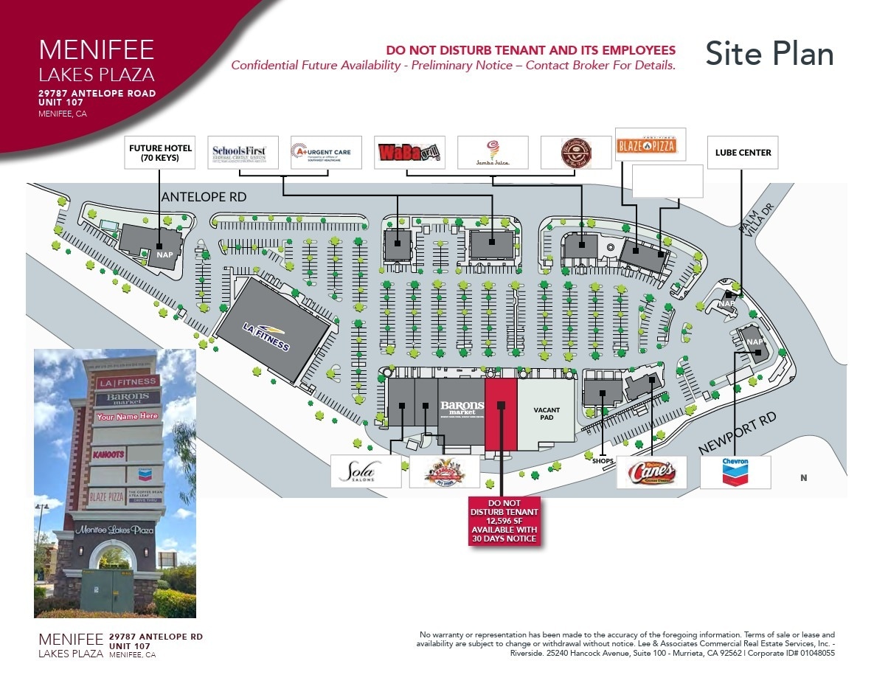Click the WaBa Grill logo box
pyautogui.click(x=409, y=153)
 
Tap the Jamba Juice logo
pyautogui.click(x=493, y=153)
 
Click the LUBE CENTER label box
pyautogui.click(x=743, y=153)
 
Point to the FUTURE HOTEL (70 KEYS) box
pyautogui.click(x=160, y=153)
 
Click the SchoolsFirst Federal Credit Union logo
pyautogui.click(x=243, y=153)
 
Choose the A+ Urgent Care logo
pyautogui.click(x=325, y=153)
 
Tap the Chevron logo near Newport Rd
pyautogui.click(x=735, y=472)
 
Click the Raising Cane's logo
pyautogui.click(x=651, y=472)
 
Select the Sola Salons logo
pyautogui.click(x=366, y=472)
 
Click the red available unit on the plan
pyautogui.click(x=501, y=413)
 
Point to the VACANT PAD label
pyautogui.click(x=547, y=413)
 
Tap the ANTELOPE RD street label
pyautogui.click(x=204, y=197)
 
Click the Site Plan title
pyautogui.click(x=769, y=54)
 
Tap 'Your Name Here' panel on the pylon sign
pyautogui.click(x=127, y=416)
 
